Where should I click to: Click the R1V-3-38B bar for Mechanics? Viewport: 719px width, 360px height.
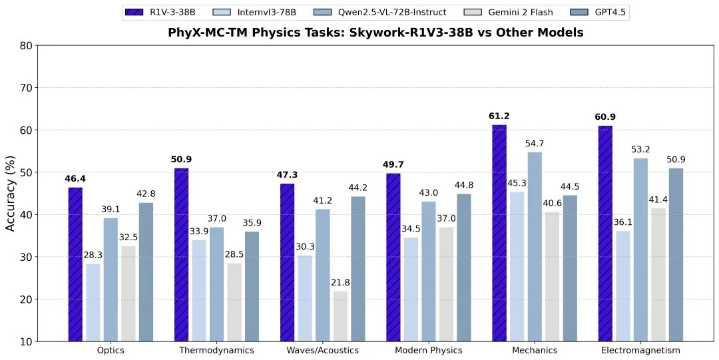point(499,233)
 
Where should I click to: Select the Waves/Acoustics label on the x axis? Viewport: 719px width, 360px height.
point(322,350)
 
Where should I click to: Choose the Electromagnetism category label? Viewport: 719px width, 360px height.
point(640,350)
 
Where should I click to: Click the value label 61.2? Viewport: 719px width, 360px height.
point(499,117)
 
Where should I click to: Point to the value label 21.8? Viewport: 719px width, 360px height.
point(340,283)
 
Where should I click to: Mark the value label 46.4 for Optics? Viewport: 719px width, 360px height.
point(75,179)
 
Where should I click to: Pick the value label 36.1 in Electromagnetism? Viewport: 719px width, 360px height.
point(622,223)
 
